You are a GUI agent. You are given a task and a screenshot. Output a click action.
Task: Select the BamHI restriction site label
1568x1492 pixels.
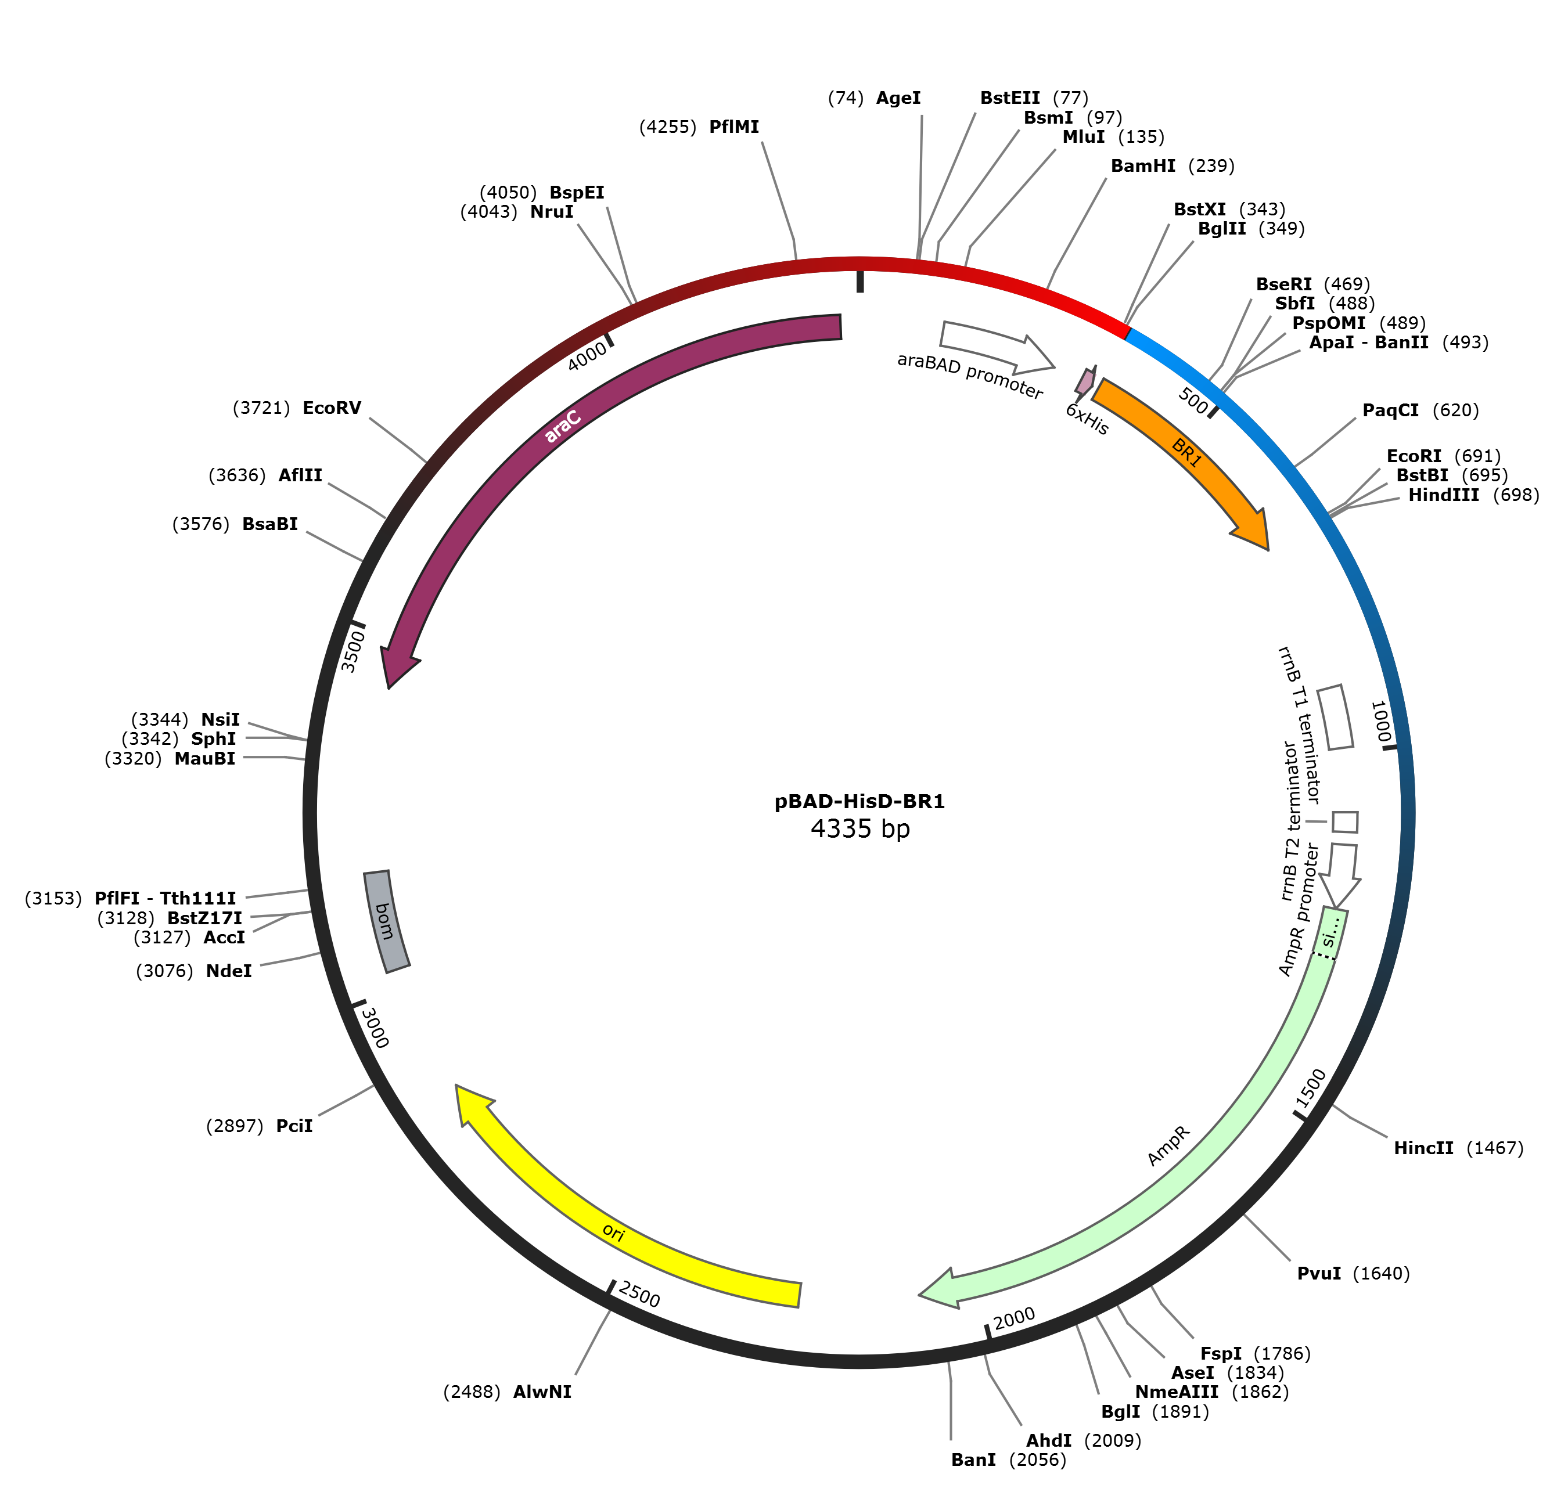pos(1142,166)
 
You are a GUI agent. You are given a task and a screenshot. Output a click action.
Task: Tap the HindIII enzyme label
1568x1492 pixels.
pos(1443,495)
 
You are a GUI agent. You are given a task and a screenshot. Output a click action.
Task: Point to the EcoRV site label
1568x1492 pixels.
pos(332,408)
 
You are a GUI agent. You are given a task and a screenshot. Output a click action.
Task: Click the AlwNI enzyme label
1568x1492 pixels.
pos(542,1392)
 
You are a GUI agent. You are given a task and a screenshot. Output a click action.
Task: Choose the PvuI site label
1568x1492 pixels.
pos(1319,1273)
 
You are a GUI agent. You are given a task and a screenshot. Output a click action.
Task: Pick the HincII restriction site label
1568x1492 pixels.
pos(1423,1148)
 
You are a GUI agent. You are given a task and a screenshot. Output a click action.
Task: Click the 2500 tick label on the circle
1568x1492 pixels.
pos(639,1294)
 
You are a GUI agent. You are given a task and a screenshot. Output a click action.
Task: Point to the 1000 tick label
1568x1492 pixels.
pos(1380,722)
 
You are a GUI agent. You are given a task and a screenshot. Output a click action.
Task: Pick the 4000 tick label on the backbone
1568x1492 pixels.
pos(587,357)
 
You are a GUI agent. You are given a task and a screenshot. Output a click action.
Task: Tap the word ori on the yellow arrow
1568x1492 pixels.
pos(613,1232)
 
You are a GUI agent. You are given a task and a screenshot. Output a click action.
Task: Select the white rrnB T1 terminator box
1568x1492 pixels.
pos(1335,718)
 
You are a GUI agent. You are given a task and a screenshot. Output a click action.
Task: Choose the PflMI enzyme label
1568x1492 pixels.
pos(733,127)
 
